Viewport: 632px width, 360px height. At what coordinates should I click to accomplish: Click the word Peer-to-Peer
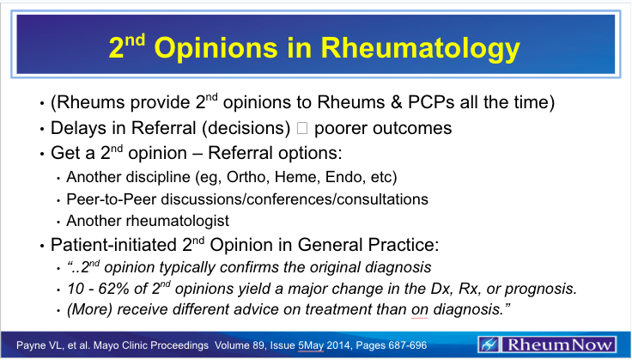point(103,198)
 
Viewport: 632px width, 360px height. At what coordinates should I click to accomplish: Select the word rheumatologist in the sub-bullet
point(171,219)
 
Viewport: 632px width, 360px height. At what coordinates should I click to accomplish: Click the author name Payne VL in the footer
point(28,343)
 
